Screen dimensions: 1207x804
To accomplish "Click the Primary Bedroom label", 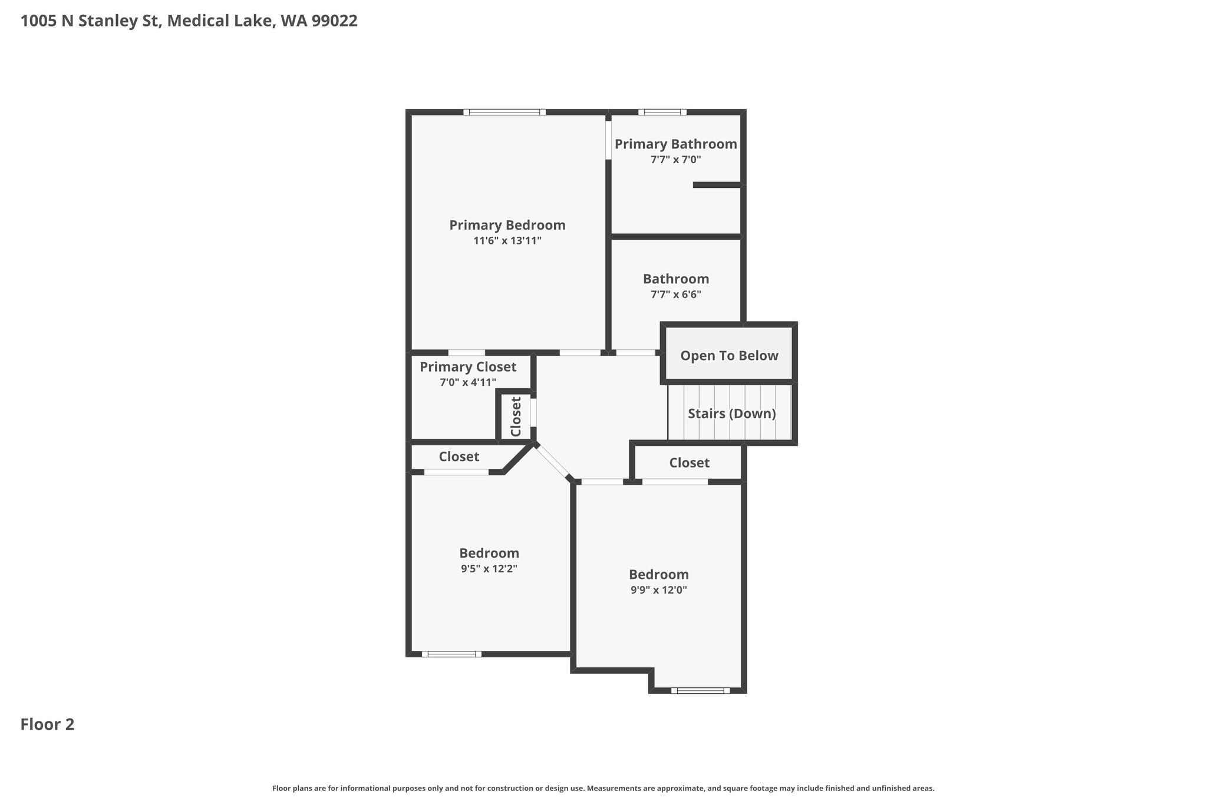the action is pos(507,225).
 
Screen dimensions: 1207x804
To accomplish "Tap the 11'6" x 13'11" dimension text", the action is pos(507,240).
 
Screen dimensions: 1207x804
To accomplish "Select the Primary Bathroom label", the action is pos(676,144).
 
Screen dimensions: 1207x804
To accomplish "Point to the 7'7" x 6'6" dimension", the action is pos(676,295).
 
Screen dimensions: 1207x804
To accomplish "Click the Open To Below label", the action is pos(730,356).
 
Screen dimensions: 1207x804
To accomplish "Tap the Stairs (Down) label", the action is pos(732,413).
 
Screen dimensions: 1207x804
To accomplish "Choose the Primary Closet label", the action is pos(468,367).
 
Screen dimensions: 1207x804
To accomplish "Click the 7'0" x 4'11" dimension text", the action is pos(468,382).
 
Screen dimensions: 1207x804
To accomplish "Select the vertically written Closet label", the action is pos(516,417).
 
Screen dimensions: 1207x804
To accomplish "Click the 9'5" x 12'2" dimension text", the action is pos(489,569).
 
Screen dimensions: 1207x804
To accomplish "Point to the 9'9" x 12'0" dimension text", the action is pos(659,590).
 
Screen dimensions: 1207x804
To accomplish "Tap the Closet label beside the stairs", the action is pos(690,463).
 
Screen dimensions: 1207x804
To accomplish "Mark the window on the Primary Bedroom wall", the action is pos(504,112).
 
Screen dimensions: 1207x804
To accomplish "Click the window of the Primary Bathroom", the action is pos(662,112).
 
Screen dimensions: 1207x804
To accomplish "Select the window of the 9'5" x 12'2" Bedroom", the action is pos(451,654).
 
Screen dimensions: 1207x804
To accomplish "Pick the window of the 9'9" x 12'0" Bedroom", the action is pos(700,690).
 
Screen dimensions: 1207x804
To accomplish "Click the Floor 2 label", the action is pos(48,724).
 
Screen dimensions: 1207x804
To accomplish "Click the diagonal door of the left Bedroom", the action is pos(553,461).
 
